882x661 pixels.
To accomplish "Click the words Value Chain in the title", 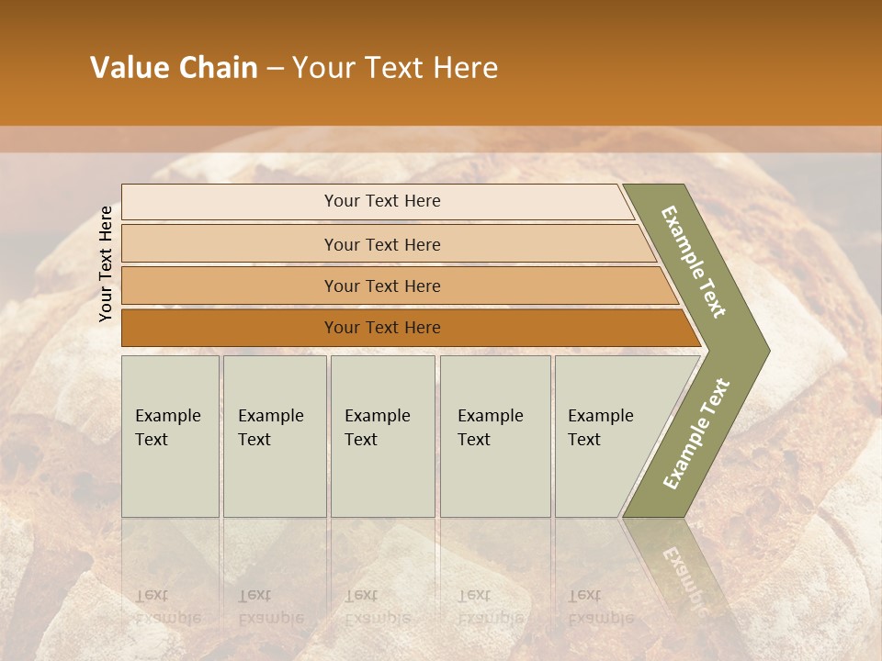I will [174, 68].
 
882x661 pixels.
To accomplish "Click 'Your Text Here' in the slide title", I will [395, 68].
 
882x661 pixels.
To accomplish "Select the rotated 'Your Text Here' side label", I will [107, 263].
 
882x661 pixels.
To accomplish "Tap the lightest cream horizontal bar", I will [230, 202].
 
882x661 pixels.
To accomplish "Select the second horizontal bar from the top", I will [230, 244].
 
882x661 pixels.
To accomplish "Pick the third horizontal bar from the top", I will [230, 286].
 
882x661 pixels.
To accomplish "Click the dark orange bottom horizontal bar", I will [230, 328].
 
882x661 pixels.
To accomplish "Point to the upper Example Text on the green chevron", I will [695, 262].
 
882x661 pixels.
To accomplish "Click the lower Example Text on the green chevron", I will [695, 433].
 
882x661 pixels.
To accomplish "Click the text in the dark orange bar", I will [382, 328].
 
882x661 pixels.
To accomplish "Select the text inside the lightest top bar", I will [382, 201].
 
